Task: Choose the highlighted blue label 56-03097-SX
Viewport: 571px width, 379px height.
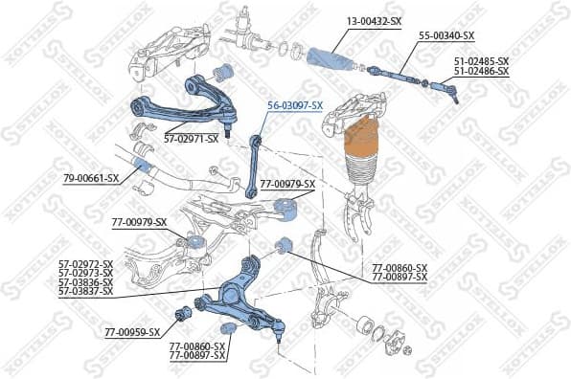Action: [292, 105]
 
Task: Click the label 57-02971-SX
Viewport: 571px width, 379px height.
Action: [191, 139]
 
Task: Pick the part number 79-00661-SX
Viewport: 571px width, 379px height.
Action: [91, 178]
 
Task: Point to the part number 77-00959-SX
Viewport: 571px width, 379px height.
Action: [132, 333]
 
